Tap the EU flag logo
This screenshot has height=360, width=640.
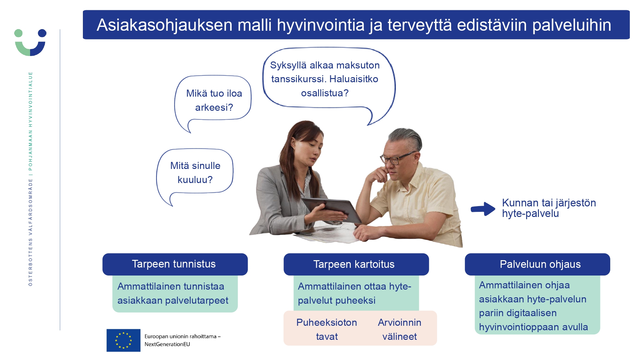[x=123, y=340]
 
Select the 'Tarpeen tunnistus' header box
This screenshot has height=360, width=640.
[x=175, y=264]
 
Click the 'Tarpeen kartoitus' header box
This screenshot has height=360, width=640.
[x=356, y=264]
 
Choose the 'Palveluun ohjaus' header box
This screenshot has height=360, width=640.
[x=537, y=264]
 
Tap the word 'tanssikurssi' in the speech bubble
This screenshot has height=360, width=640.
[x=299, y=79]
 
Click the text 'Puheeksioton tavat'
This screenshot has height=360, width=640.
[x=327, y=329]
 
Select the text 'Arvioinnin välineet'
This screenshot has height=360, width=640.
[x=400, y=329]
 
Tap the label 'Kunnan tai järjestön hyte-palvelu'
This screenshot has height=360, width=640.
[x=549, y=208]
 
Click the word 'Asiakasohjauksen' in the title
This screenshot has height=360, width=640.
[x=164, y=25]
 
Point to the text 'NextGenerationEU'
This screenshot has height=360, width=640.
[x=167, y=344]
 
